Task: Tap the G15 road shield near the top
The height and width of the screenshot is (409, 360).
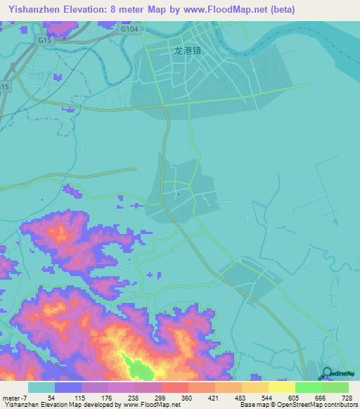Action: (x=46, y=41)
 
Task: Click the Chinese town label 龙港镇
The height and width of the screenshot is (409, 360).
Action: (x=187, y=51)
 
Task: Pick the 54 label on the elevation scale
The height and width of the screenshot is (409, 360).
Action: (x=51, y=398)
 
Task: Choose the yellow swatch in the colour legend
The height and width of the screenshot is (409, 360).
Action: (x=282, y=387)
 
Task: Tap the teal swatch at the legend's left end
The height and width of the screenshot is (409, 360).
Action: (x=41, y=387)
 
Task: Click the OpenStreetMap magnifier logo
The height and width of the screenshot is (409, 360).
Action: (x=328, y=375)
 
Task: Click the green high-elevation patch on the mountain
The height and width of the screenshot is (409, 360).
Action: (x=138, y=366)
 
